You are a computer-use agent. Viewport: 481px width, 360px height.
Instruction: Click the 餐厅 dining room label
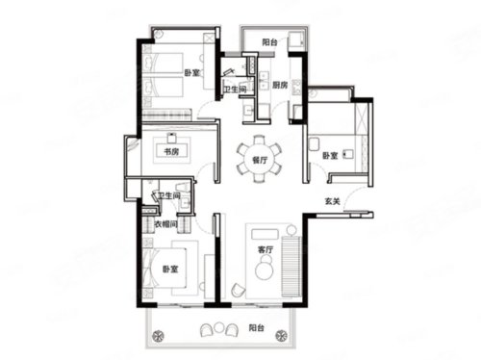click(x=260, y=160)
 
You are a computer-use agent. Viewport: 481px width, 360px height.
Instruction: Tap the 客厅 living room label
click(x=266, y=249)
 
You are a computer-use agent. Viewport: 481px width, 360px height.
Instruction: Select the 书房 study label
click(x=171, y=151)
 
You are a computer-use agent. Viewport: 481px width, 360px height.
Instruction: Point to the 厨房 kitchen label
click(x=280, y=85)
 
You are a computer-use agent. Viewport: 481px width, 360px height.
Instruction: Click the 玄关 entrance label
click(x=332, y=201)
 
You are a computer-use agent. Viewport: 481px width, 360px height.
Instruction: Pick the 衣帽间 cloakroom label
click(x=166, y=224)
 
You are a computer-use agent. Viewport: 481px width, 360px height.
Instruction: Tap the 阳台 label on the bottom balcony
click(x=257, y=327)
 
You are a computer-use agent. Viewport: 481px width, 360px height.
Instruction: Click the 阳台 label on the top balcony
click(x=269, y=42)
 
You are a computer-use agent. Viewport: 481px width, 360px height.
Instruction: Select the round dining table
click(x=260, y=159)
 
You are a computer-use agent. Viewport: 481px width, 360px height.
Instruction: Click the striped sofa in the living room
click(x=291, y=267)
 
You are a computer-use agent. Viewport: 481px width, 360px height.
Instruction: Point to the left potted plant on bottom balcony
click(x=158, y=336)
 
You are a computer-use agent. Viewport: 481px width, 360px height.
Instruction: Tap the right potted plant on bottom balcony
click(x=281, y=336)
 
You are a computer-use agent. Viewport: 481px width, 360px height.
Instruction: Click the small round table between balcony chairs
click(x=218, y=327)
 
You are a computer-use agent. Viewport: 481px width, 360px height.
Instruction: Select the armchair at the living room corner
click(x=238, y=291)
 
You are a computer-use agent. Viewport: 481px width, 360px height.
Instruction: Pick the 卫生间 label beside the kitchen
click(x=235, y=90)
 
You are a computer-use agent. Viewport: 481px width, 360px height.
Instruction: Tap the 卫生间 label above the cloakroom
click(x=169, y=195)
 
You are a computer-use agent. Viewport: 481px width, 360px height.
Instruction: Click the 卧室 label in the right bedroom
click(x=330, y=156)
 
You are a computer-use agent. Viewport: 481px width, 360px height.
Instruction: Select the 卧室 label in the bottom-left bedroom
click(x=170, y=269)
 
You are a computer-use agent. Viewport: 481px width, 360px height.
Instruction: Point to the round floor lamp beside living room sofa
click(x=291, y=230)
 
